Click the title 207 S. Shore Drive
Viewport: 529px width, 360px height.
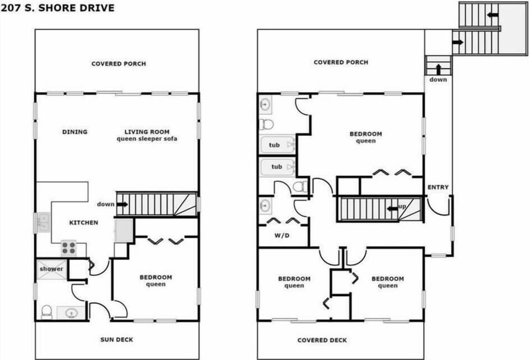(x=58, y=8)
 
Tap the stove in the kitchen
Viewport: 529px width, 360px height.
(x=68, y=248)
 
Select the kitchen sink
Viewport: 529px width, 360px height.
(x=43, y=222)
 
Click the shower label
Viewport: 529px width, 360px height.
(x=51, y=269)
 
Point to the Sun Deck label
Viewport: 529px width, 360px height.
(x=117, y=340)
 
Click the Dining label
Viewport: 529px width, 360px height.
(x=75, y=132)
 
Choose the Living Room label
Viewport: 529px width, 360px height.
(x=147, y=132)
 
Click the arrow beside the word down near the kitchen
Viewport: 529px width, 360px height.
(x=122, y=204)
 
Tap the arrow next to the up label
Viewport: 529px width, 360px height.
(x=392, y=208)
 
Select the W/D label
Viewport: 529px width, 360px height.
(x=282, y=235)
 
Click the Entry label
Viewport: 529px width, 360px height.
(x=438, y=187)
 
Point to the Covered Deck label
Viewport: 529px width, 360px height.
(x=322, y=340)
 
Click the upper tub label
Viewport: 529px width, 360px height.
(x=274, y=145)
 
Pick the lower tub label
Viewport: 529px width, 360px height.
(x=277, y=166)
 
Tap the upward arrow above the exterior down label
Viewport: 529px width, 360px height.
(x=438, y=69)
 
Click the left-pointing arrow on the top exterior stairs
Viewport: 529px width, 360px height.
(x=493, y=15)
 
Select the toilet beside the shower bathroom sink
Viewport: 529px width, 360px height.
(x=46, y=313)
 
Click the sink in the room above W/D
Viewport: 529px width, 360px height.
(x=265, y=206)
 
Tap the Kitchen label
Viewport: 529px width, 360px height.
(x=84, y=222)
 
